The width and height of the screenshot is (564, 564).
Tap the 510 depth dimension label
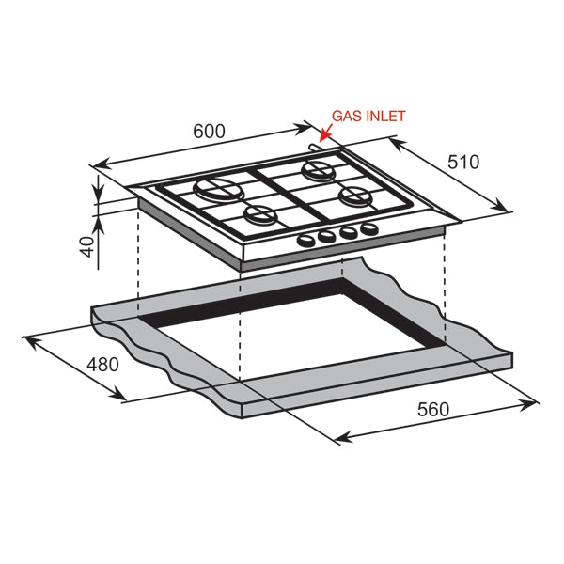point(462,162)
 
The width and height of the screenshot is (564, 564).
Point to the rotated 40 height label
point(86,247)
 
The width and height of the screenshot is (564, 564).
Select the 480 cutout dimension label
point(102,363)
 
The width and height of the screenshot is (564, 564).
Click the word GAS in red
point(345,117)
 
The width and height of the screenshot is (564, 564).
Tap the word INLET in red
point(385,117)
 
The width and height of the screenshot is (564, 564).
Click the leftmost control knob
point(307,241)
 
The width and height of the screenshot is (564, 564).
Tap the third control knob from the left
point(346,234)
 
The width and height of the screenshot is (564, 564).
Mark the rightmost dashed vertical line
point(444,282)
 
